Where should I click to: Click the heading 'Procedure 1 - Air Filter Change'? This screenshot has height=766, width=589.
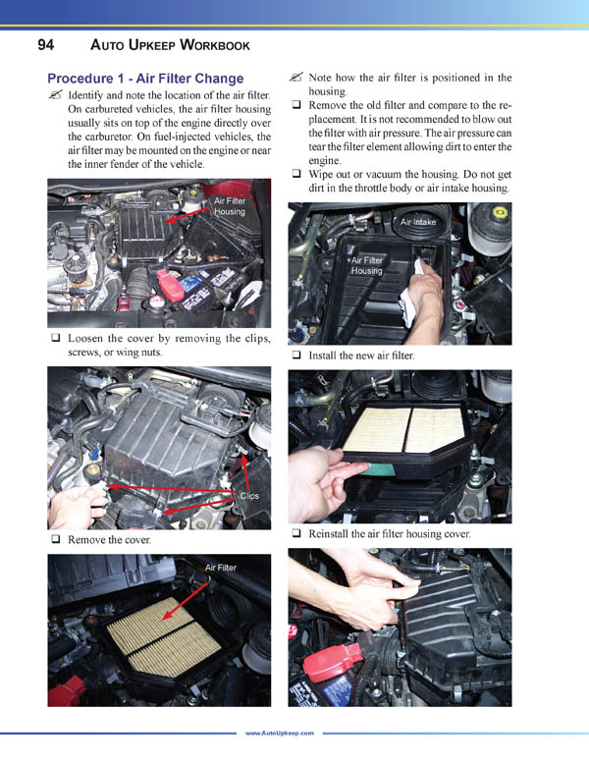pos(145,78)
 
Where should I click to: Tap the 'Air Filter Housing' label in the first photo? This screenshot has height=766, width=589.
pos(230,205)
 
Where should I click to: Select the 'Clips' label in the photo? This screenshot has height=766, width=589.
pos(249,496)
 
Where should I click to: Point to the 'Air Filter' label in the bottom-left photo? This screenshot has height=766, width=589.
pos(220,568)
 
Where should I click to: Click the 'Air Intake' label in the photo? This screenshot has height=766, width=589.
pos(418,223)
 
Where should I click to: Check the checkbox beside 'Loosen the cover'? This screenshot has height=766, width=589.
pos(56,339)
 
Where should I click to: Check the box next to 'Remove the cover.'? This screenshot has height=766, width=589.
pos(56,540)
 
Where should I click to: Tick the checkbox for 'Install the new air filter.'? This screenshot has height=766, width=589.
pos(296,356)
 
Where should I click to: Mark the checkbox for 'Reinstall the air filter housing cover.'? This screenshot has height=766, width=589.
pos(296,533)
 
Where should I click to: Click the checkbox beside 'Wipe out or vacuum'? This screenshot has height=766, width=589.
pos(296,174)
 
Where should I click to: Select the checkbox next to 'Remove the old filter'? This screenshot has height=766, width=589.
pos(296,105)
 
